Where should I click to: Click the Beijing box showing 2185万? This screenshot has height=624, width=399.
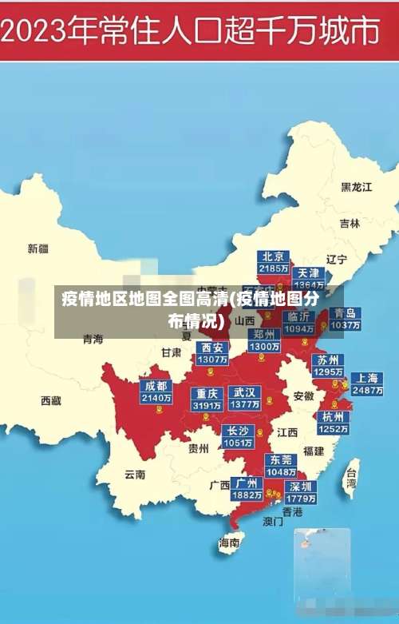coord(273,262)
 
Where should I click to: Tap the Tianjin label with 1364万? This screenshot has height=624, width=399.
coord(309,278)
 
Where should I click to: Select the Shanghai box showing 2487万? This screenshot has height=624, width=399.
coord(366,384)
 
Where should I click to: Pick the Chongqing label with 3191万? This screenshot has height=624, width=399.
coord(207,399)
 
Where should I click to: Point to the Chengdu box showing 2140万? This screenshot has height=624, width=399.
coord(156,391)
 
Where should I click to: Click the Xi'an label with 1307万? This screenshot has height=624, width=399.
coord(212,353)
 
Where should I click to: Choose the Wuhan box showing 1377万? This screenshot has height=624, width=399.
coord(244,399)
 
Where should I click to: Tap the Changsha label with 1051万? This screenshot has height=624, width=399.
coord(238,436)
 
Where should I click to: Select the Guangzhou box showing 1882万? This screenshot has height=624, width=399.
coord(247,488)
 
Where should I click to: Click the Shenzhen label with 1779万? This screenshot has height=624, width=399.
coord(301,491)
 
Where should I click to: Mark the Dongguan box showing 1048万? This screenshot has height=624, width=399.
coord(281,465)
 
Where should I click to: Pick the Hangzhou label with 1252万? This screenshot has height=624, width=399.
coord(333,422)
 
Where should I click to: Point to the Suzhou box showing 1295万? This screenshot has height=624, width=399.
coord(327,365)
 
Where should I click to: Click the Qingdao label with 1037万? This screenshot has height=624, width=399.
coord(345,319)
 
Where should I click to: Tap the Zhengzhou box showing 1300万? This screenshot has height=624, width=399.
coord(264,340)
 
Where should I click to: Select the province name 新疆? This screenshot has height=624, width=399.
coord(38,248)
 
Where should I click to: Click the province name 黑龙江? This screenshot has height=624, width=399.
coord(357,187)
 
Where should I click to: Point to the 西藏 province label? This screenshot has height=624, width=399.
coord(51,400)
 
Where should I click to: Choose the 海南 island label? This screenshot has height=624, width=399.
coord(229,543)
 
